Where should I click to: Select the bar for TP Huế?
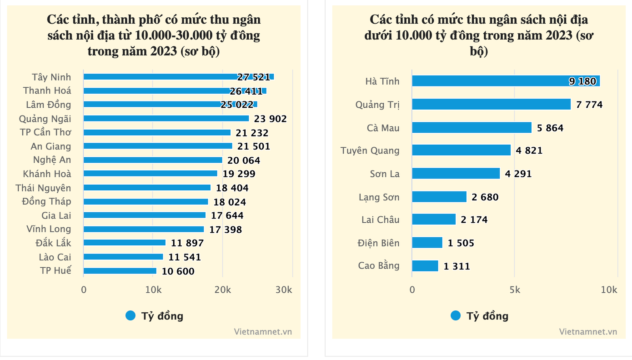[x=120, y=271]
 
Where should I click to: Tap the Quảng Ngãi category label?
[x=45, y=119]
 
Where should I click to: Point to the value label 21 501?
[x=253, y=146]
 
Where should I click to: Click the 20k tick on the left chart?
[x=222, y=290]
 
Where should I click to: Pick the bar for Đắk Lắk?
[x=125, y=243]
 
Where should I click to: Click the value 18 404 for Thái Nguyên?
[x=231, y=188]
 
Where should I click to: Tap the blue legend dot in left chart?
[x=130, y=315]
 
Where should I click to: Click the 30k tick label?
[x=284, y=290]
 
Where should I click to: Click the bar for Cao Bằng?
[x=425, y=266]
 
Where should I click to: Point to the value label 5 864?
[x=550, y=128]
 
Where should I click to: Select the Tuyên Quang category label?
[x=370, y=150]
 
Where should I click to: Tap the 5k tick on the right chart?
[x=515, y=290]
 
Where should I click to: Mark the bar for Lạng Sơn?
[x=439, y=197]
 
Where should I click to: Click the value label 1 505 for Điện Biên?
[x=461, y=243]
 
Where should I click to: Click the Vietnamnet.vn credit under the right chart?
[x=588, y=331]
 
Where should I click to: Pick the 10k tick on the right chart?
[x=609, y=290]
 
